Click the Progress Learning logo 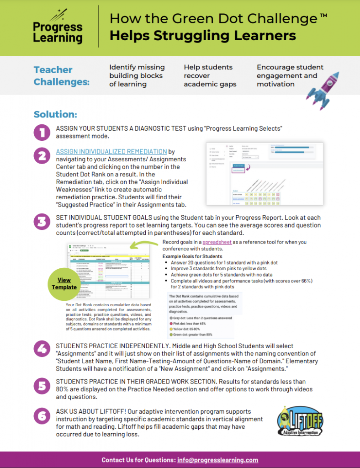coord(58,27)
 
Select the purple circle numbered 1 coord(42,133)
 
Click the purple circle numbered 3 coord(42,222)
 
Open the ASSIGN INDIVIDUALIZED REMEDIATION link coord(111,151)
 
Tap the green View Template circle coord(64,284)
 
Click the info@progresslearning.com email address coord(217,460)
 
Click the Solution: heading coord(55,114)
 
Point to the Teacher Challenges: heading coord(61,76)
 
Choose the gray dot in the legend coord(171,318)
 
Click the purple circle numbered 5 coord(42,386)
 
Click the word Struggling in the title coord(189,36)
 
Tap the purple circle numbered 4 coord(42,350)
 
